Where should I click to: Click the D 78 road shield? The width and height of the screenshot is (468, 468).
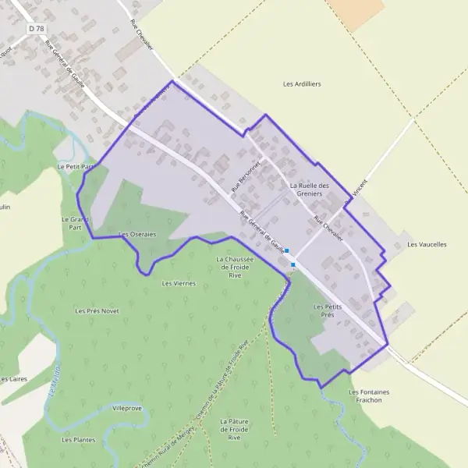36,28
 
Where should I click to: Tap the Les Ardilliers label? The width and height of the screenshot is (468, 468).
302,83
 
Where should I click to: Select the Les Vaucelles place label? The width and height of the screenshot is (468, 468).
427,244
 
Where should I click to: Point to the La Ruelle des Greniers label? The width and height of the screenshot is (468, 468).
310,190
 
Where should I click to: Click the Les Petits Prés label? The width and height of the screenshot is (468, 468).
328,310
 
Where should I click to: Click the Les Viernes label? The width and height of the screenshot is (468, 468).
178,283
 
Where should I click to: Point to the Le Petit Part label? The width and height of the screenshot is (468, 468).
76,167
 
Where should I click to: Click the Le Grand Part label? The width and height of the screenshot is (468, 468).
71,224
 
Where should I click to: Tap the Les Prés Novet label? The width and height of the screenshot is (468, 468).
97,310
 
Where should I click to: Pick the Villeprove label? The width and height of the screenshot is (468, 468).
127,408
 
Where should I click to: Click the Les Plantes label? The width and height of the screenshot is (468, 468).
79,439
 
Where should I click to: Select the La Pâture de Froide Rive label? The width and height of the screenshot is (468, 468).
234,430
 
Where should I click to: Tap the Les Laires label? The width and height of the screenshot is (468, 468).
13,379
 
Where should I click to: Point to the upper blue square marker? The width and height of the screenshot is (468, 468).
287,250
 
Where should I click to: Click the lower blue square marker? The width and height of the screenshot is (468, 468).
292,265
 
